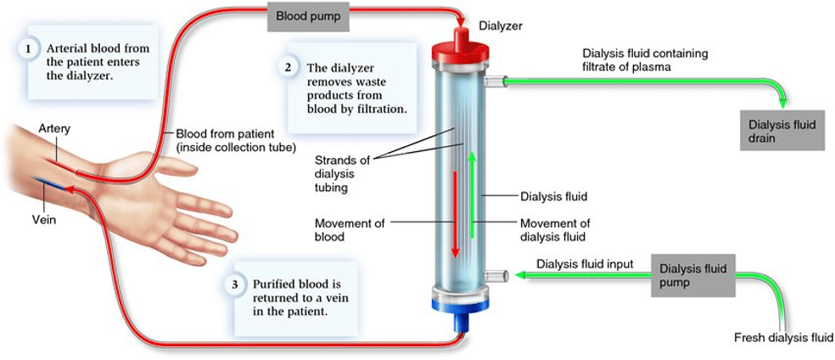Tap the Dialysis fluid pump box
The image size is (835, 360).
point(692,276)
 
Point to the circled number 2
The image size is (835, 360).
point(288,68)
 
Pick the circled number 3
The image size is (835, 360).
point(235,284)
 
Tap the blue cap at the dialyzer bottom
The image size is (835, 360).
point(461,313)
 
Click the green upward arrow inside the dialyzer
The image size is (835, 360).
point(471,194)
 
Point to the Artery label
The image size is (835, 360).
point(54,129)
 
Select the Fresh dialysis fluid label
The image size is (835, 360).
point(782,337)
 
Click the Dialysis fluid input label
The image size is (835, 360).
point(585,263)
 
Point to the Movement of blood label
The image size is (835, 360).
point(350,229)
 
